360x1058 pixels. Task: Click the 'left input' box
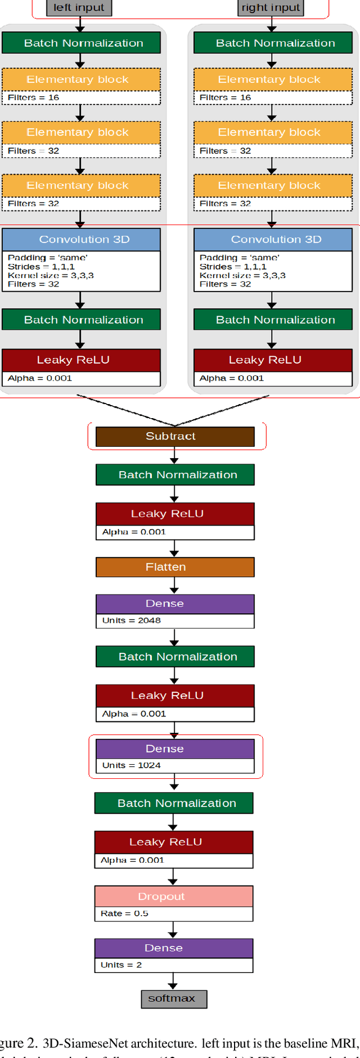(x=79, y=7)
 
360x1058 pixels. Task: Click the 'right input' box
(x=271, y=7)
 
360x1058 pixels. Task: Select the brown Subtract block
(x=174, y=436)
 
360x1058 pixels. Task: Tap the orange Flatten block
(x=174, y=567)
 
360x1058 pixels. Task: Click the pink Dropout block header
(x=173, y=896)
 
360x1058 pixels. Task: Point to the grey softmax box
(x=173, y=998)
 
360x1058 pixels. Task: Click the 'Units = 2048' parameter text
(x=131, y=620)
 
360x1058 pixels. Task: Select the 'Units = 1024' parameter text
(x=131, y=765)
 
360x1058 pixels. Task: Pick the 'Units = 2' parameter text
(x=121, y=965)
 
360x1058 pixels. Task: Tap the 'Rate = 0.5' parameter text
(x=124, y=913)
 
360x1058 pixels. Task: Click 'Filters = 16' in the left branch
(x=33, y=97)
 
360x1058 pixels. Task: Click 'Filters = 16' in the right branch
(x=225, y=97)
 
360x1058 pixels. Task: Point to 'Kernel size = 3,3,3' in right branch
(x=242, y=275)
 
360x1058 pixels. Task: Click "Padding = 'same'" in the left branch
(x=47, y=258)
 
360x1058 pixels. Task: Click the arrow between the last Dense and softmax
(x=173, y=981)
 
